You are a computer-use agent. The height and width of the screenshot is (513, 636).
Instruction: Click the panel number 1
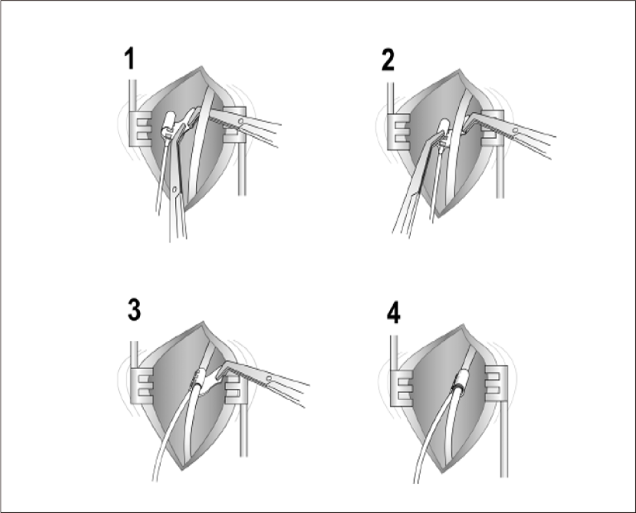pos(130,59)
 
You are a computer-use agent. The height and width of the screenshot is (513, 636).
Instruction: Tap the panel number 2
pos(388,61)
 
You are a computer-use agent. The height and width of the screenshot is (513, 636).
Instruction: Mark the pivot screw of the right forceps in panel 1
pos(241,121)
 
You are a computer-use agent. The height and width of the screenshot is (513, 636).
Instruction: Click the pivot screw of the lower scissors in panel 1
pos(175,189)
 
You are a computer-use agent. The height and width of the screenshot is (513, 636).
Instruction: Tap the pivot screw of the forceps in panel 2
pos(515,130)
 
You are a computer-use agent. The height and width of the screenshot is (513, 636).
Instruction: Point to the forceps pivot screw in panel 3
pos(268,379)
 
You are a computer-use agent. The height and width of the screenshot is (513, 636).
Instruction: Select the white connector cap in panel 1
pos(169,123)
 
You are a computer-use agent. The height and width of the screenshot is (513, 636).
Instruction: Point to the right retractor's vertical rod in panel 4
pos(504,439)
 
